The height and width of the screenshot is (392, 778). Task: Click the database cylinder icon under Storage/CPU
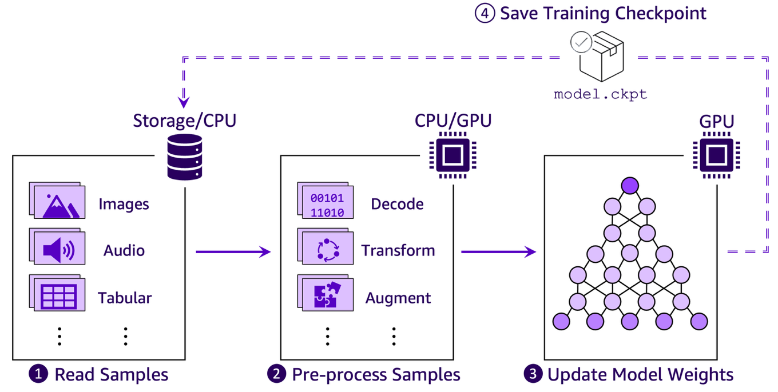click(x=184, y=157)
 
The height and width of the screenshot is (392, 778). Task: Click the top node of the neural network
click(x=629, y=185)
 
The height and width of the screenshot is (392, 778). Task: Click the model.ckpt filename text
click(x=600, y=95)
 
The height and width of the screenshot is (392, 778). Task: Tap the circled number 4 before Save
click(x=484, y=13)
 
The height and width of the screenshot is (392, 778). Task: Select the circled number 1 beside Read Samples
click(x=38, y=374)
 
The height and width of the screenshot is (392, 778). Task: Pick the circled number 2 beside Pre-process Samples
click(x=276, y=374)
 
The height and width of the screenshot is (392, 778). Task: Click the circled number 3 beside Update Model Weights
click(x=533, y=374)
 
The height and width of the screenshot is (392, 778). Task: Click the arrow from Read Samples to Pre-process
click(x=232, y=251)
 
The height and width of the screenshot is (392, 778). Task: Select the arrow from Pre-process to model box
click(x=498, y=251)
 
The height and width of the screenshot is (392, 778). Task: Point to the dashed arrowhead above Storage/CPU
click(x=184, y=102)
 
